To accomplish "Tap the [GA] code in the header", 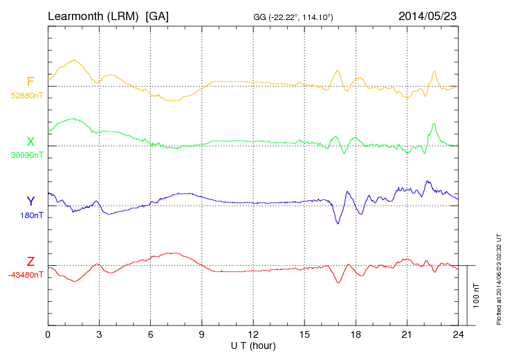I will (157, 15).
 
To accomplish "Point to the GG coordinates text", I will (294, 17).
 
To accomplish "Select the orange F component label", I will (30, 82).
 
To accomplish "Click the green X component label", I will (30, 142).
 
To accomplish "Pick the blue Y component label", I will (30, 201).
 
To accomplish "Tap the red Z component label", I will (30, 262).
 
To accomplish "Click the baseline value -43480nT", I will (26, 275).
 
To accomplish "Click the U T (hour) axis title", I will (253, 345).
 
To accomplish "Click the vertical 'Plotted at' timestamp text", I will (498, 277).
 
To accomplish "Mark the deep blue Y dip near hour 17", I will (338, 222).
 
